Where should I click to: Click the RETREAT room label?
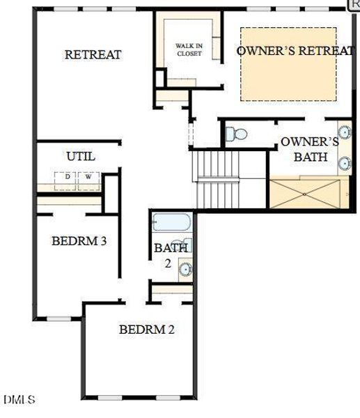click(93, 54)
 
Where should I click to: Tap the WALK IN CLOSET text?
click(189, 49)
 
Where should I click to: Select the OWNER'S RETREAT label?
click(295, 51)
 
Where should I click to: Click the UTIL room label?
click(81, 156)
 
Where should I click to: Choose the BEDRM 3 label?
click(79, 242)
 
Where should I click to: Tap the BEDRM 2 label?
click(146, 330)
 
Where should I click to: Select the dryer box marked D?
click(68, 177)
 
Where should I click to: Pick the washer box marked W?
click(88, 177)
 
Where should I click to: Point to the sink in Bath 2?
click(185, 269)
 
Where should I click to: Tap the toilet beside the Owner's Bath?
click(237, 134)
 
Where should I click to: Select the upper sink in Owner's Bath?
click(345, 132)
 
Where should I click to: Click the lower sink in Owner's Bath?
click(345, 164)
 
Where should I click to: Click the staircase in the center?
click(218, 179)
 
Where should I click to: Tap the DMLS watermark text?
click(19, 400)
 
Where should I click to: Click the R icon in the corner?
click(354, 4)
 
